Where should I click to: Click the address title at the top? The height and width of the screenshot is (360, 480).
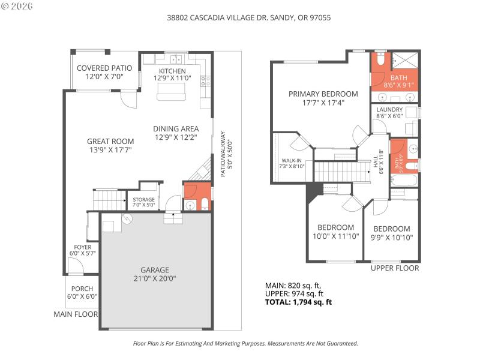(x=248, y=18)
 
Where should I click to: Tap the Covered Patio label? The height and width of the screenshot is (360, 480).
(x=100, y=68)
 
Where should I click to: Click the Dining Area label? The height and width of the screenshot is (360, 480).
(x=175, y=128)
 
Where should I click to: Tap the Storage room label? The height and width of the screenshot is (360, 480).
(x=143, y=200)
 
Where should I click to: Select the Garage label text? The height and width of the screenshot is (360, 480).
(x=155, y=270)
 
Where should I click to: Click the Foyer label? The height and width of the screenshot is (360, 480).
(x=83, y=247)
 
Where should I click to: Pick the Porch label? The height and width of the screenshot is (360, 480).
(x=82, y=289)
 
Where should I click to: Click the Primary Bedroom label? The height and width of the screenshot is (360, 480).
(x=323, y=94)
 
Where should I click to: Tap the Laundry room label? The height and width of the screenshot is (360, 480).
(x=389, y=109)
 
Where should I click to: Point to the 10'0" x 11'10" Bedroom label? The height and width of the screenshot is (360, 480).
(x=335, y=227)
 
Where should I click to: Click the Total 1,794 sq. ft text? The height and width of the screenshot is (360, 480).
(x=298, y=302)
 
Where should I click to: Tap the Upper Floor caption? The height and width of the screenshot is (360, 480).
(x=394, y=268)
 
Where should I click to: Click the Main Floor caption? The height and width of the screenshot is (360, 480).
(x=75, y=314)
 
